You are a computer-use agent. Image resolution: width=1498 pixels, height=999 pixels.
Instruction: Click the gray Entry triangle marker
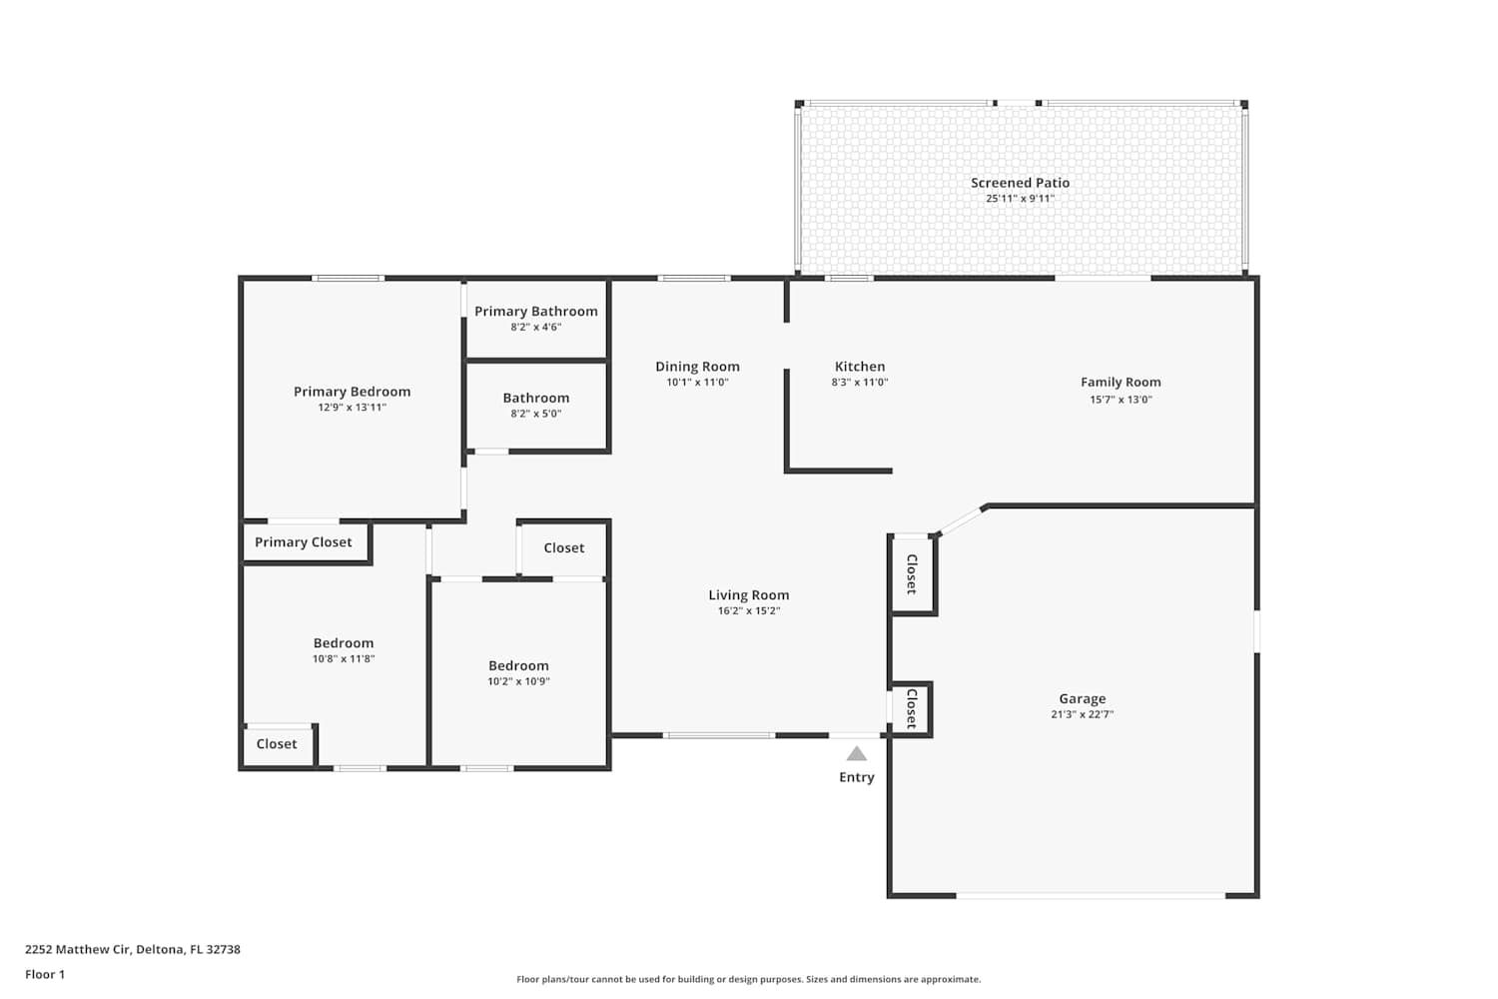857,754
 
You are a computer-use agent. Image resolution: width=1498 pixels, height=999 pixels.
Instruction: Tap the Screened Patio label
1020,183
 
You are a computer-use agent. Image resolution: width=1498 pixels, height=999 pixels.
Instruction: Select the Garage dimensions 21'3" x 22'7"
1082,714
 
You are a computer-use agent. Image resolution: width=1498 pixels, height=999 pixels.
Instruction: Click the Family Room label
1121,382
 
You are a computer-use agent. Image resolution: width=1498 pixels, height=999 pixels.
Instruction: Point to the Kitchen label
859,367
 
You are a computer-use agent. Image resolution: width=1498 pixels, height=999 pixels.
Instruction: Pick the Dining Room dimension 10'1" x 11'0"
697,382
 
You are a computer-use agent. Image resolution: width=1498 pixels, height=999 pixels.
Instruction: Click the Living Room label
749,594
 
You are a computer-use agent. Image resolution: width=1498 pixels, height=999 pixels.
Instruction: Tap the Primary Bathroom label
536,311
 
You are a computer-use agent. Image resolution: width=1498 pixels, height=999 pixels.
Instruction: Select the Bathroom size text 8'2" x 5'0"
536,414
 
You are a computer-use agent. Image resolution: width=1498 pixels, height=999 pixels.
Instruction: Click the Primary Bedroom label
352,392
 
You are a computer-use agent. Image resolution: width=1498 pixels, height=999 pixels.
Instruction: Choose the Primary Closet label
303,542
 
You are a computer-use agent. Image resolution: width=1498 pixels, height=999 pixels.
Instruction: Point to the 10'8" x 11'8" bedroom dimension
344,658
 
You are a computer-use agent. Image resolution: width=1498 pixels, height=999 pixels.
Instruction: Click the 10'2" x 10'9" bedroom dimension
518,681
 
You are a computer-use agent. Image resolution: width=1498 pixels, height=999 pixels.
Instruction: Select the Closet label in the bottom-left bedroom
277,744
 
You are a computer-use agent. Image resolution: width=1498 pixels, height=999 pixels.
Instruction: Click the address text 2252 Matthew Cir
78,949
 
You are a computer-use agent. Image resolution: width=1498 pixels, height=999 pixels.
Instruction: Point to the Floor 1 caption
45,974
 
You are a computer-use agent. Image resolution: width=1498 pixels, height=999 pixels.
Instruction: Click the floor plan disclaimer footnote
748,979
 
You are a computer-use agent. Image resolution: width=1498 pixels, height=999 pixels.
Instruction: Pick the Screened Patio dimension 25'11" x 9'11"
1020,198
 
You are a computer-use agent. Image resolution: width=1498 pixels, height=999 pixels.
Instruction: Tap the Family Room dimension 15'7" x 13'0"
1121,400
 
